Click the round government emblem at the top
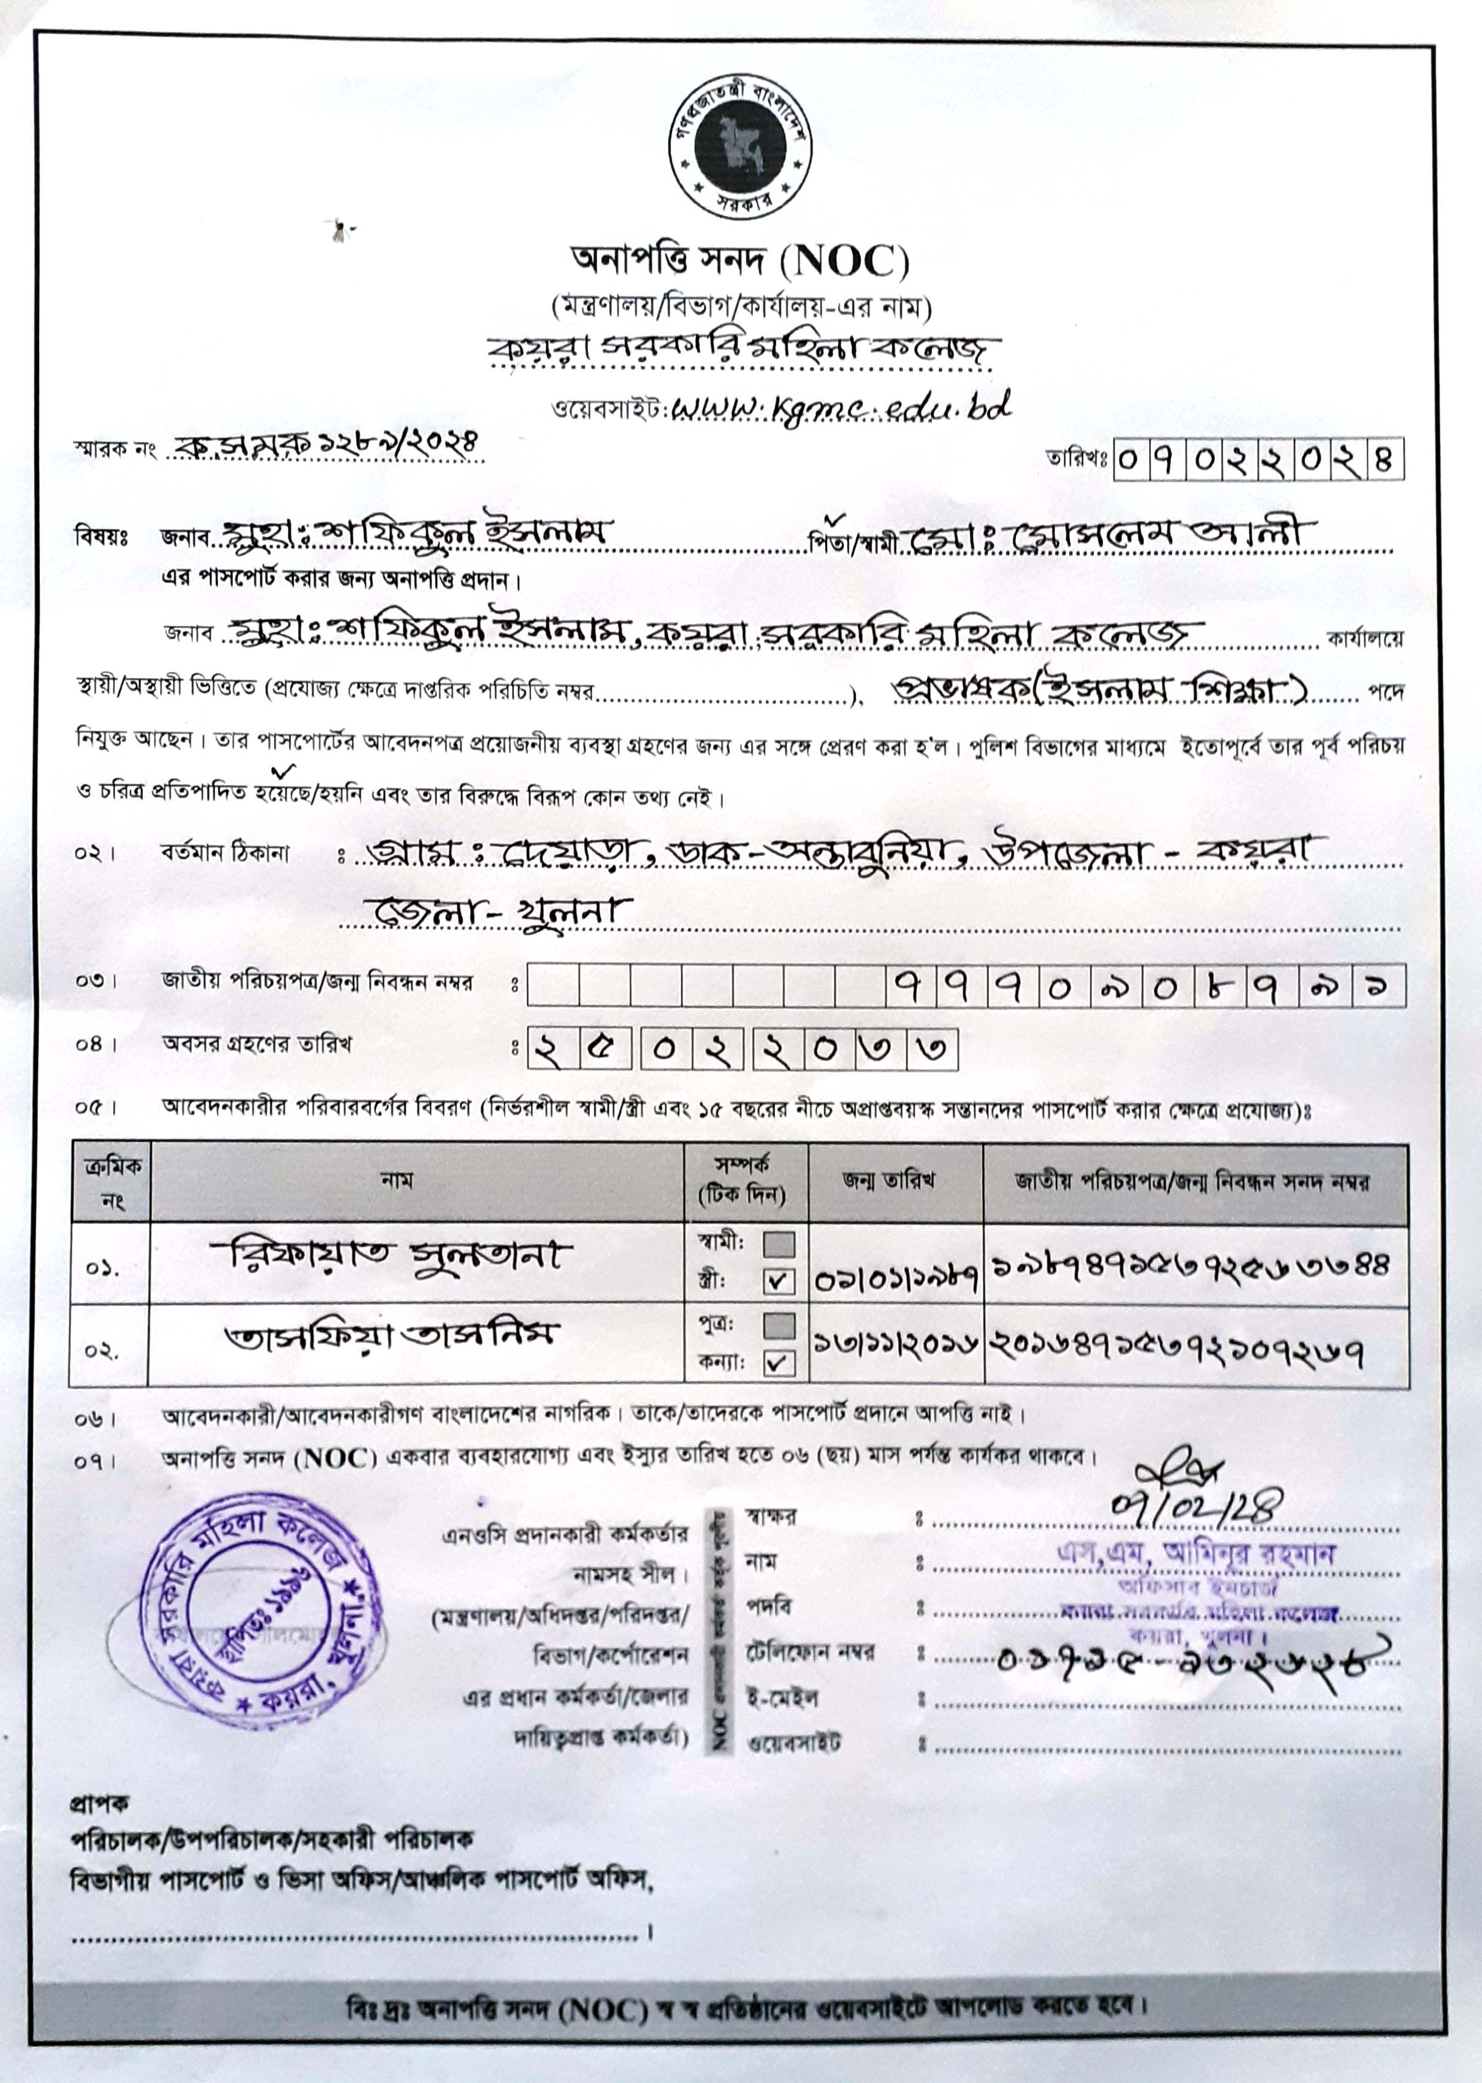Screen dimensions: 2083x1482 740,147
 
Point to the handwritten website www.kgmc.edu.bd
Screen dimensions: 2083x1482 840,408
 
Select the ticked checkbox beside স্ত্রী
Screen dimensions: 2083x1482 779,1281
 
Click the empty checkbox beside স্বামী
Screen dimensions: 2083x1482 779,1243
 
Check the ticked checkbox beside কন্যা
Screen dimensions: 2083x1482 779,1363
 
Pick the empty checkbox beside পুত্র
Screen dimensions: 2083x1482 779,1324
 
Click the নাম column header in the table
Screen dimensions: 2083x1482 398,1180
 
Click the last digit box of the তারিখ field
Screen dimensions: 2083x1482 1384,459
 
